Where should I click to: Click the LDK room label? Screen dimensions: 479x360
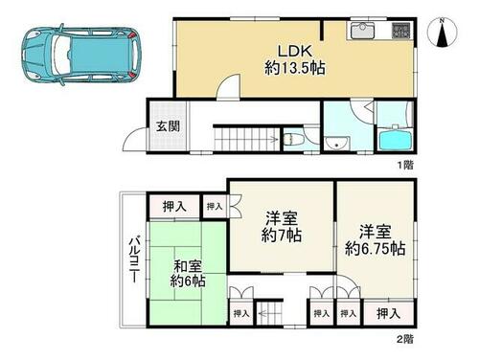(294, 51)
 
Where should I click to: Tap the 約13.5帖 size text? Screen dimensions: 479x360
(295, 68)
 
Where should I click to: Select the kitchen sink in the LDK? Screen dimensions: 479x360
(363, 31)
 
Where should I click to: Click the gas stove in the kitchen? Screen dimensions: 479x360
(400, 31)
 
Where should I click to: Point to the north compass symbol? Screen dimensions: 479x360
(443, 33)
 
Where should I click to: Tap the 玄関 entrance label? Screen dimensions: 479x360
(168, 126)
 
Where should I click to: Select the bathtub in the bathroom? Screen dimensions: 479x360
(395, 140)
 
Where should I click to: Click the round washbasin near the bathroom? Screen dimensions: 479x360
(336, 143)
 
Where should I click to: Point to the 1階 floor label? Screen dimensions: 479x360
(405, 165)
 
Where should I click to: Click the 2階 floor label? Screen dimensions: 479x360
(405, 339)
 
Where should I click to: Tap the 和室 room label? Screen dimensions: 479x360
(188, 265)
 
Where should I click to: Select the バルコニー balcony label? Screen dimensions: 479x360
(134, 259)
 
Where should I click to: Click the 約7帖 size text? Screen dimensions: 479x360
(281, 236)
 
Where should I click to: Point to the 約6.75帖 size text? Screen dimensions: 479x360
(376, 249)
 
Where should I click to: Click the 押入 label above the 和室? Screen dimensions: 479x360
(174, 207)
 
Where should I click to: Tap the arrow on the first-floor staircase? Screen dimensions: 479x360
(273, 139)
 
